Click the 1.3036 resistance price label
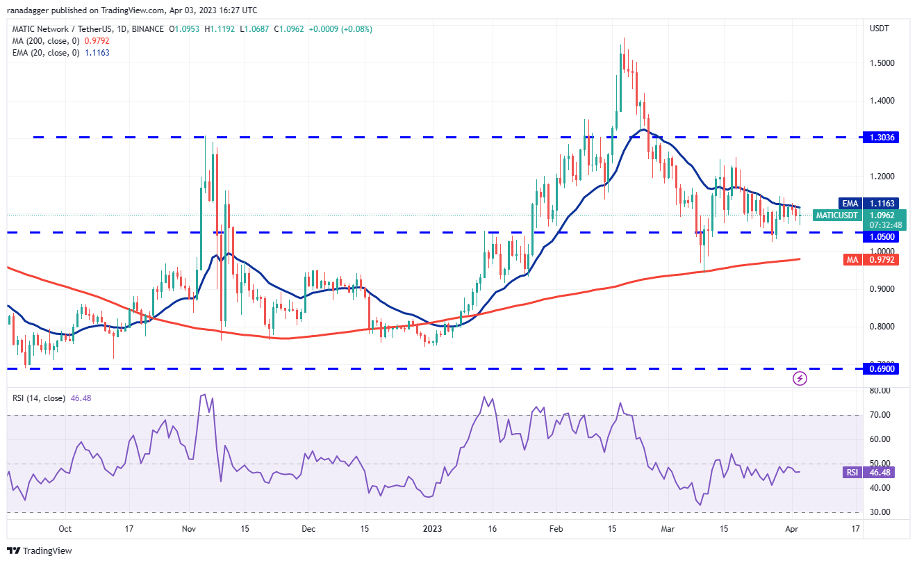(x=879, y=138)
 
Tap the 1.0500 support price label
(x=879, y=236)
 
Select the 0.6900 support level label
(x=879, y=368)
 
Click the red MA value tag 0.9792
(x=879, y=259)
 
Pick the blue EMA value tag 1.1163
(x=879, y=203)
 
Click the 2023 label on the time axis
(x=432, y=528)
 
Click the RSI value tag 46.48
(x=879, y=473)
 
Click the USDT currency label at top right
(x=879, y=28)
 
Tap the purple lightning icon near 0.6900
(x=800, y=378)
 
